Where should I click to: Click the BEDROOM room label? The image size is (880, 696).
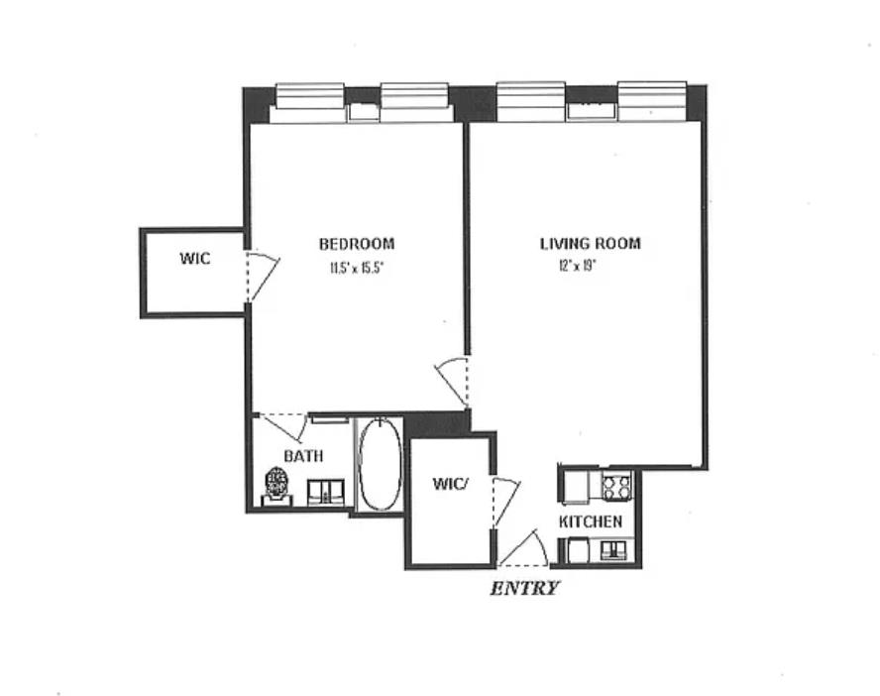coord(356,244)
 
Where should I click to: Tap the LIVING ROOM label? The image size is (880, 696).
coord(590,244)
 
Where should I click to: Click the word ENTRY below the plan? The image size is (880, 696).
coord(525,588)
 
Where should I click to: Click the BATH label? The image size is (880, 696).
coord(303,456)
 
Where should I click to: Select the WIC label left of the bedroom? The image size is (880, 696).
coord(194,259)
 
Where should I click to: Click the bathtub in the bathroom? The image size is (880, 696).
coord(378,464)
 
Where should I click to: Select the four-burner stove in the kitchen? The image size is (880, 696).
coord(617,487)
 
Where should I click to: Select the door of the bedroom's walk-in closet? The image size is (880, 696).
coord(260,276)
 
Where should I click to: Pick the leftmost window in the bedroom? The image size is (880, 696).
coord(308,99)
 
